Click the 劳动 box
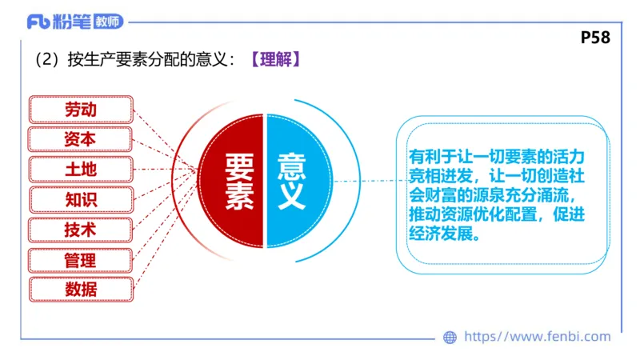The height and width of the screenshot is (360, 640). (x=80, y=108)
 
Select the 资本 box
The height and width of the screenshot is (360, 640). (x=80, y=138)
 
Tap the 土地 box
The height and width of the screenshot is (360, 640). (x=80, y=169)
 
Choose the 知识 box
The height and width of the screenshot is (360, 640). (x=80, y=199)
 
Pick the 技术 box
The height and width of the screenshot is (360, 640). (x=80, y=229)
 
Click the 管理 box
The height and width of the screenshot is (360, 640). (x=80, y=259)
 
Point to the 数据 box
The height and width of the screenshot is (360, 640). (x=80, y=289)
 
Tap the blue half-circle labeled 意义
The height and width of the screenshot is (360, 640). (x=293, y=181)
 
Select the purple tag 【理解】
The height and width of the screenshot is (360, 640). (x=274, y=61)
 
